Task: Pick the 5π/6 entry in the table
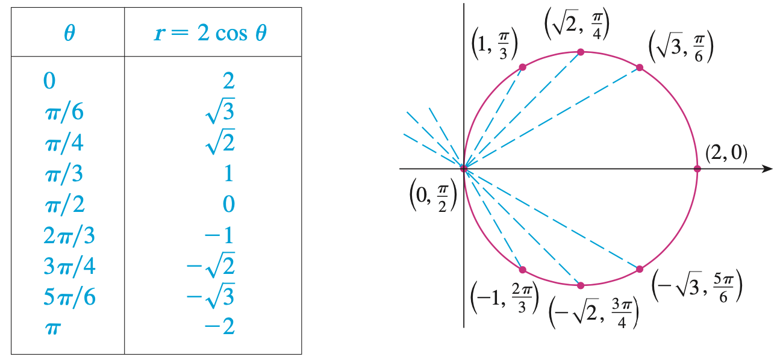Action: pos(70,297)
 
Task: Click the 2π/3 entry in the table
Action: pos(70,235)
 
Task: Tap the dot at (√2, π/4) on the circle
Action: pos(581,52)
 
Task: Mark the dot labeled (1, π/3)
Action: pos(522,67)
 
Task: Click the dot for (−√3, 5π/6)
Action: pos(640,269)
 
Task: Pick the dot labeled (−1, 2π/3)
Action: pos(522,270)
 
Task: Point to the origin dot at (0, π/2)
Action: pos(463,169)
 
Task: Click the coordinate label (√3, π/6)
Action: pos(681,46)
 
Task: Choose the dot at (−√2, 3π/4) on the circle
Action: pos(581,285)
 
